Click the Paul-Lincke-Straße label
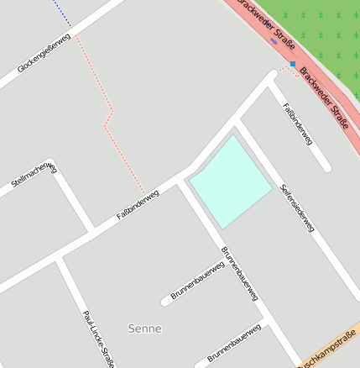(97, 339)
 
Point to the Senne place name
(145, 329)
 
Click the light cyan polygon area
(230, 181)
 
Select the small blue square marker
(293, 64)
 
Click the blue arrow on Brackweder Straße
(274, 39)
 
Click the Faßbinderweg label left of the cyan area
(138, 206)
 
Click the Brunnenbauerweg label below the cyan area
(239, 273)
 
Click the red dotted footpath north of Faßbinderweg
(112, 118)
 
